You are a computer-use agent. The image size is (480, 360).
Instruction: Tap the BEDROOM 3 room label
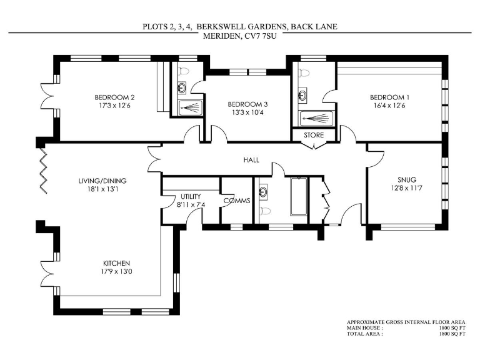(x=248, y=104)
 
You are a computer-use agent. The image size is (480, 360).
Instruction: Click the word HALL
(x=251, y=160)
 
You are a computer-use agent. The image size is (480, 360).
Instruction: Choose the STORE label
(x=314, y=135)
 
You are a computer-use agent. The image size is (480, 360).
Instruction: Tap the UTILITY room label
(x=191, y=196)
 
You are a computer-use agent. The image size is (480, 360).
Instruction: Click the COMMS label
(x=237, y=201)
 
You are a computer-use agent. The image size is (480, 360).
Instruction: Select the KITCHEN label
(x=117, y=263)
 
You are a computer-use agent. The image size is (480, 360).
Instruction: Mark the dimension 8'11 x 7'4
(x=191, y=204)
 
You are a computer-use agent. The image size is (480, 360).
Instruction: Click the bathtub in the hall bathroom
(x=299, y=199)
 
